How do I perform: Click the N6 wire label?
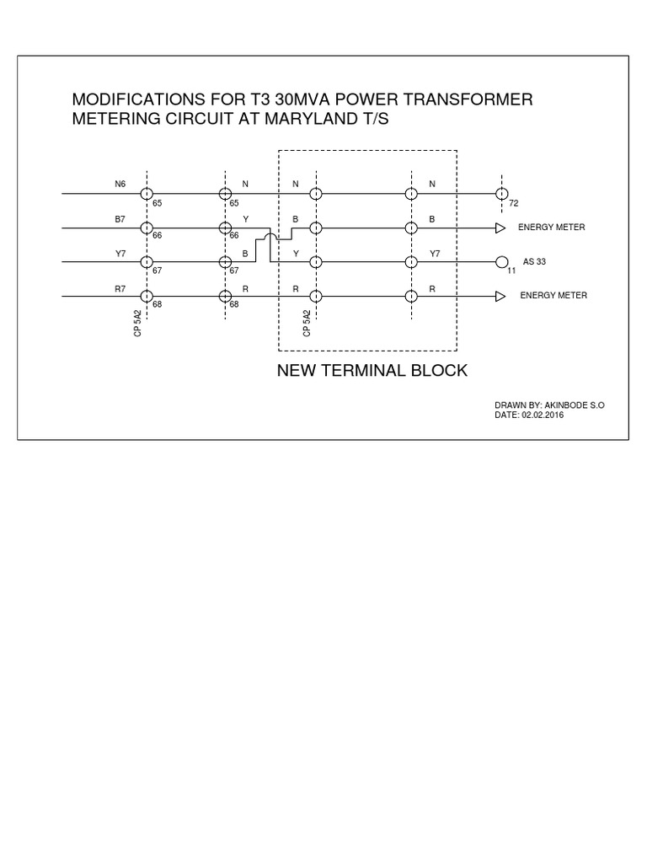tap(120, 184)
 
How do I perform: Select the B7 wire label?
tap(120, 218)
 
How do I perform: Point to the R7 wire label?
tap(120, 288)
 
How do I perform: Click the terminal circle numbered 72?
tap(502, 194)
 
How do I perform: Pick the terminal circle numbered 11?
tap(502, 262)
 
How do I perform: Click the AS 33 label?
tap(535, 262)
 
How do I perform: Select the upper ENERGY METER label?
tap(551, 228)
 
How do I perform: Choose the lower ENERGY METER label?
tap(553, 296)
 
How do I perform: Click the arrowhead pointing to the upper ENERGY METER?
tap(500, 228)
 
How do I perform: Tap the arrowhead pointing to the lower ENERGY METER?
tap(500, 296)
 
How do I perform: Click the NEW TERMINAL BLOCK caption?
tap(372, 371)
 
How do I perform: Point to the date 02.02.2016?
tap(543, 415)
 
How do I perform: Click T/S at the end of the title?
tap(377, 120)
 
